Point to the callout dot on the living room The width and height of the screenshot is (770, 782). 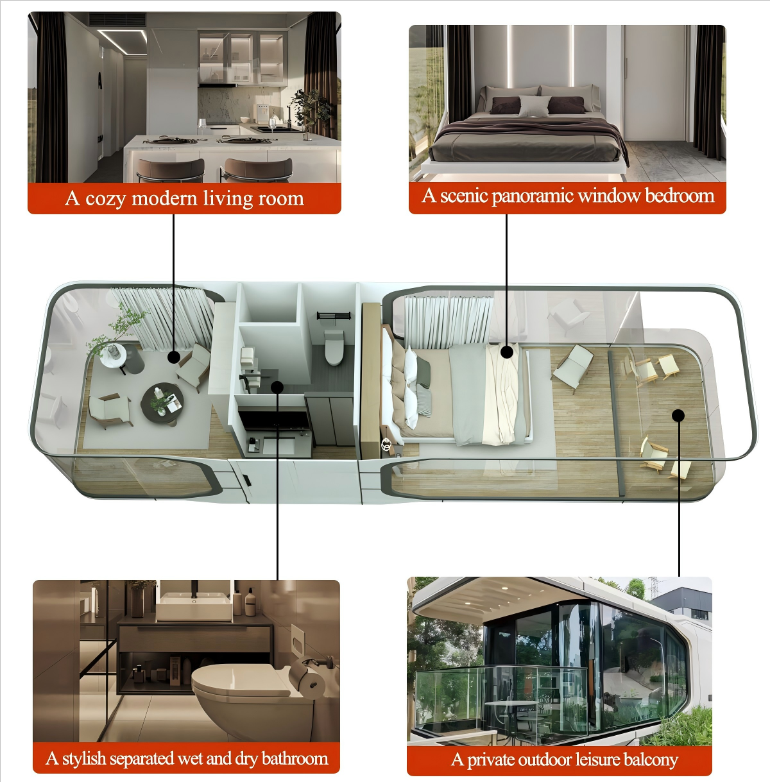(x=174, y=357)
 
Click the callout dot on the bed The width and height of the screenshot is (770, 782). (x=506, y=352)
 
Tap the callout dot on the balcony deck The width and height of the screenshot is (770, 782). (x=678, y=415)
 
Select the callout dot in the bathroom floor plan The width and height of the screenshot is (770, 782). (x=277, y=387)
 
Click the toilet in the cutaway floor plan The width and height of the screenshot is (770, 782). (x=334, y=347)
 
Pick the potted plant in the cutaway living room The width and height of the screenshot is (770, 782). (x=117, y=333)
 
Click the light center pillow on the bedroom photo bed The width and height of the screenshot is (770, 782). (x=534, y=106)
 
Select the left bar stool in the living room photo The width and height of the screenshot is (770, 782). (x=171, y=171)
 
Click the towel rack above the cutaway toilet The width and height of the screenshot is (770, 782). (x=333, y=316)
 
